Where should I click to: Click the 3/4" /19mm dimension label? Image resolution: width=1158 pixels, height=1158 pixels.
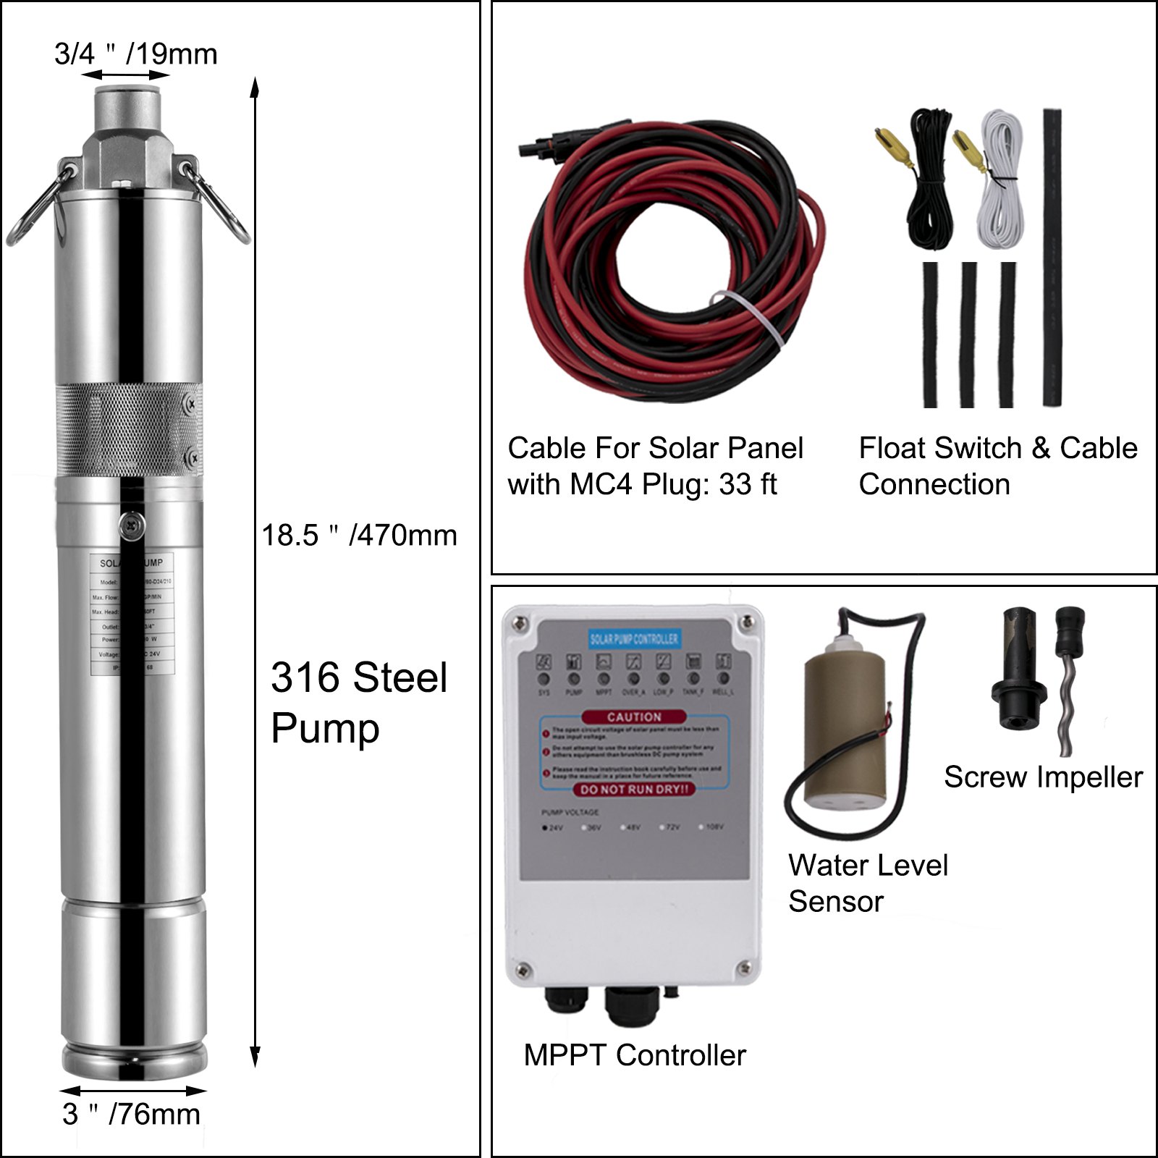click(136, 54)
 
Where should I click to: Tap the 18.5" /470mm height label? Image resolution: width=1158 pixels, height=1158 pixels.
click(359, 536)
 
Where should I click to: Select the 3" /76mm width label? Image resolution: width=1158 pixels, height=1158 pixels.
click(131, 1114)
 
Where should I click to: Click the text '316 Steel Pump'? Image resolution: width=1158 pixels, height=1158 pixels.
click(359, 702)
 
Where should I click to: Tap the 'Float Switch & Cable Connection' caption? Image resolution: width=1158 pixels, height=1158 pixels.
click(997, 466)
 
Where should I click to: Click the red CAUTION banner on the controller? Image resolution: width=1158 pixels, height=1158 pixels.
click(634, 717)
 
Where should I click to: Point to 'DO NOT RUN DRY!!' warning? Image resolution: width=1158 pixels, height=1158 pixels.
click(634, 790)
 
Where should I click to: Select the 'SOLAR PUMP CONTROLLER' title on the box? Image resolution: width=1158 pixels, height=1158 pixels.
click(634, 638)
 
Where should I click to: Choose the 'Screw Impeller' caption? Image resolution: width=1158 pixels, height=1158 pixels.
click(1043, 777)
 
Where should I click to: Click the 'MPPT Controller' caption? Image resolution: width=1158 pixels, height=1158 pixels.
click(635, 1055)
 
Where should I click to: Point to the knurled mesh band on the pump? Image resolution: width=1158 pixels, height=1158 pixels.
click(127, 431)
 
